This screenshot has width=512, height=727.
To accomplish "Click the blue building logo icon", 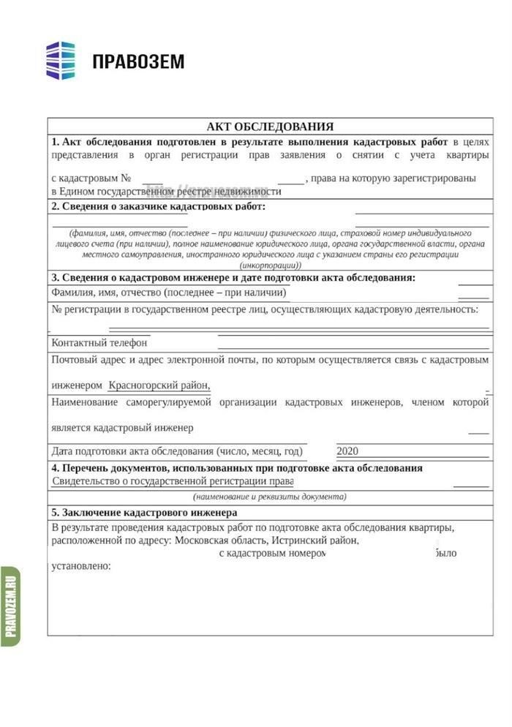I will point(61,60).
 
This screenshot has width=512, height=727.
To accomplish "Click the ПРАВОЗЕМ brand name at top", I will point(138,61).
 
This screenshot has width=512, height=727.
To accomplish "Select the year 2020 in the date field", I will point(348,451).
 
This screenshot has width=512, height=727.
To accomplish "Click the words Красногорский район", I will point(159,385).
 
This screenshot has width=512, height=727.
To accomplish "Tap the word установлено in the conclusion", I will point(81,565).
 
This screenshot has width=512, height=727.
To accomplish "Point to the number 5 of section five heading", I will point(55,513).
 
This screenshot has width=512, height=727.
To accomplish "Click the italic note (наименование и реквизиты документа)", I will point(270,497).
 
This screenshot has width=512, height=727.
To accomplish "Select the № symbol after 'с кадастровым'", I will point(127,178).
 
